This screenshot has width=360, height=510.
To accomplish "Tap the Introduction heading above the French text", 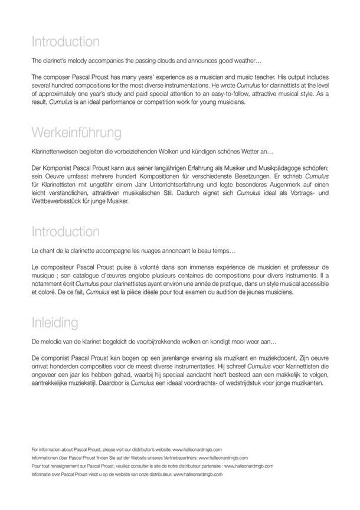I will click(x=66, y=231).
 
